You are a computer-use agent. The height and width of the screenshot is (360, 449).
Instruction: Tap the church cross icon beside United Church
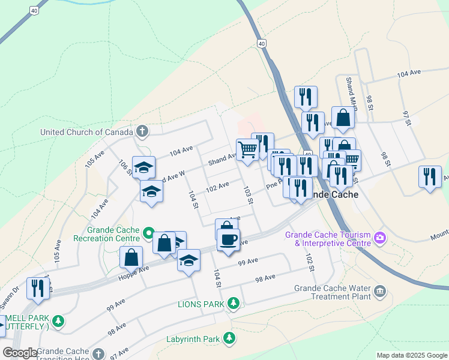pos(142,131)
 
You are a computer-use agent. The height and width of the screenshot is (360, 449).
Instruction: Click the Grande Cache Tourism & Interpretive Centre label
pos(328,239)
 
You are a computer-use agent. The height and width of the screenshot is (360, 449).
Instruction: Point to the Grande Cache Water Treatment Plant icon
pos(379,292)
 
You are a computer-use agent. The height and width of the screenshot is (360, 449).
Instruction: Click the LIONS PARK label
pos(200,304)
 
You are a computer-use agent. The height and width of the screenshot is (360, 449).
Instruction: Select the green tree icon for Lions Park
pos(234,304)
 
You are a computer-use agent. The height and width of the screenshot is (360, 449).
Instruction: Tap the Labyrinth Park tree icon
pos(229,339)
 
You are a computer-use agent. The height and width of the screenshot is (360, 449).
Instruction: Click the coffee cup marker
pos(228,241)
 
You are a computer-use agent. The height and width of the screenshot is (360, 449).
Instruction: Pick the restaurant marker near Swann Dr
pos(38,289)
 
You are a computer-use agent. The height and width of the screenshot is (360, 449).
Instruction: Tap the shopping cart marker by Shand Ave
pos(247,150)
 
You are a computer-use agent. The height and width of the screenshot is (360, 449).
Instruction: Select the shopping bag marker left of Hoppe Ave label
pos(131,258)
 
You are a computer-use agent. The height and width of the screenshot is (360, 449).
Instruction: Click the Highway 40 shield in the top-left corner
pos(34,10)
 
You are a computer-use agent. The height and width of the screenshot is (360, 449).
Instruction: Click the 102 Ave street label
pos(217,187)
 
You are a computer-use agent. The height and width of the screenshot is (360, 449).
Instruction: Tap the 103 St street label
pos(247,194)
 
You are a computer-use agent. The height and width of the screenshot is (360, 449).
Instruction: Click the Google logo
pos(20,353)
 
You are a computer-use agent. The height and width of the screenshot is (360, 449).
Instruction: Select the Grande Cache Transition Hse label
pos(64,353)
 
